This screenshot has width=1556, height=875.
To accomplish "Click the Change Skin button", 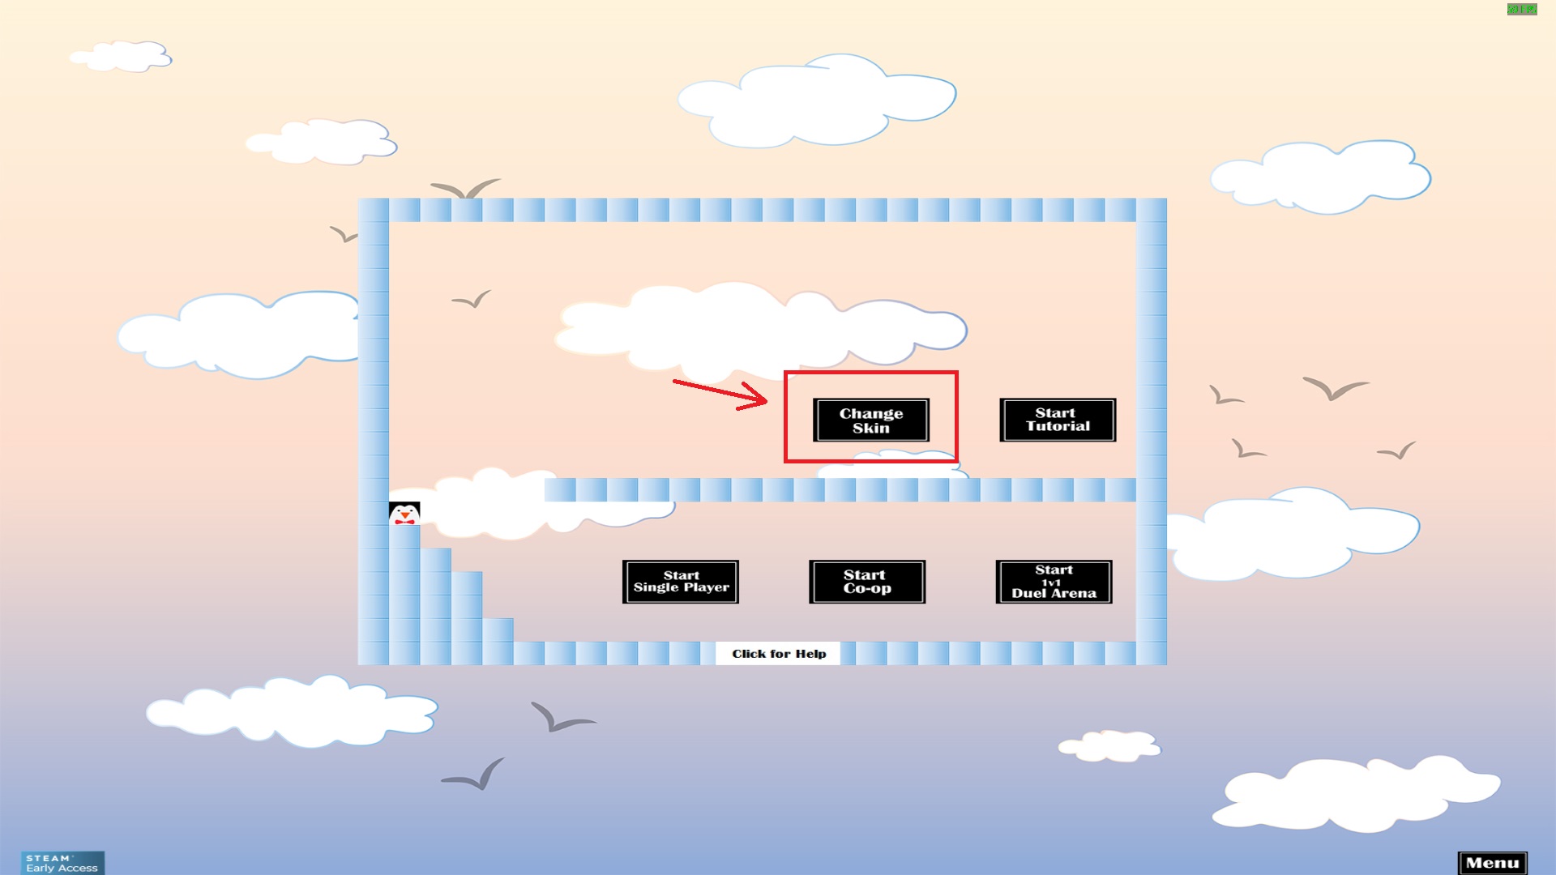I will [x=870, y=420].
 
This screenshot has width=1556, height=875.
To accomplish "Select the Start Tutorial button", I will [x=1057, y=420].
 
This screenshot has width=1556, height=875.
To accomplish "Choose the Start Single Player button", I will [x=680, y=582].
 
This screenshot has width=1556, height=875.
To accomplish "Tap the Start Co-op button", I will [x=866, y=582].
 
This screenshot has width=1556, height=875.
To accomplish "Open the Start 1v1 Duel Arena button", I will [x=1053, y=582].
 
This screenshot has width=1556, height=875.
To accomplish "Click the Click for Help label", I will [x=778, y=654].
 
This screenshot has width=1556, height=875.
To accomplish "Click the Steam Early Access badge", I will [x=62, y=863].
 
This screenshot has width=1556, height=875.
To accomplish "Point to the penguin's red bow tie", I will [x=404, y=521].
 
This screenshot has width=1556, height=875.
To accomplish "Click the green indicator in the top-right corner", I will [x=1521, y=10].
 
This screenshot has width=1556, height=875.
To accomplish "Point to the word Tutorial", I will [x=1058, y=427].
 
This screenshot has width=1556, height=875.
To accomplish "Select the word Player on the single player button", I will [x=706, y=587].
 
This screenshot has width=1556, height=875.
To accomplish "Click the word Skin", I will [x=870, y=429].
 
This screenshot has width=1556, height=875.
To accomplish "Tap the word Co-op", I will [x=866, y=589].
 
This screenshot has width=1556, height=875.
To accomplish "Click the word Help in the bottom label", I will [x=810, y=654].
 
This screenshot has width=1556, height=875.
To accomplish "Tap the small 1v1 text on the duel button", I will [x=1051, y=583].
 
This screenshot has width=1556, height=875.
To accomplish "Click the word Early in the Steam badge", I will [x=40, y=869].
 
